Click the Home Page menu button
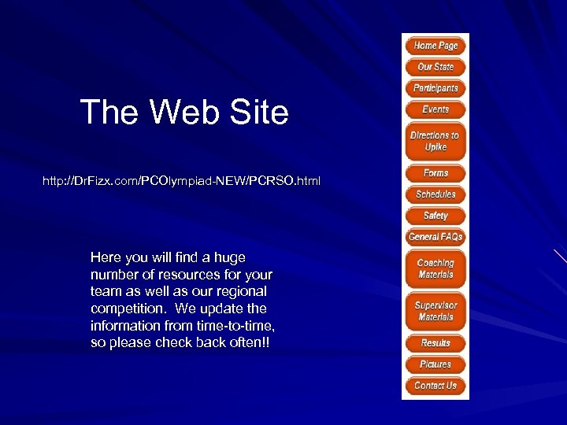(x=435, y=46)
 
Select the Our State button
(x=435, y=67)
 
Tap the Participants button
(x=435, y=88)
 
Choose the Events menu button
(x=435, y=109)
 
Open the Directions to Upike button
(x=435, y=141)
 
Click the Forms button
(x=435, y=173)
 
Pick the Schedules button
(x=435, y=194)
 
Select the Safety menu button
(x=435, y=216)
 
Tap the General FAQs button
(x=435, y=237)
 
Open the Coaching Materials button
(x=435, y=268)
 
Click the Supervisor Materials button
(x=435, y=311)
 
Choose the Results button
(x=435, y=343)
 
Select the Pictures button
(x=435, y=364)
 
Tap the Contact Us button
(x=435, y=386)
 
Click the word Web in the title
(x=181, y=113)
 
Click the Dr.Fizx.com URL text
(x=181, y=182)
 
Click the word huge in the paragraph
(x=229, y=257)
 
